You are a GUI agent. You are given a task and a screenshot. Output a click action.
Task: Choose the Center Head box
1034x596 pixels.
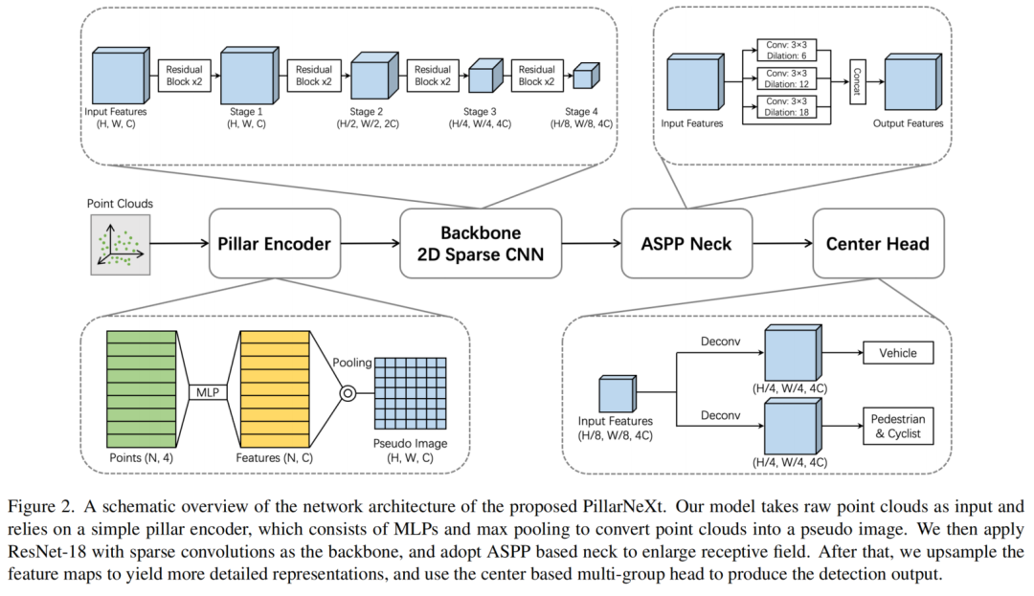pos(877,243)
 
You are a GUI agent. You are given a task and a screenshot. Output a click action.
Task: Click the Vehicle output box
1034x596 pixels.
pos(897,353)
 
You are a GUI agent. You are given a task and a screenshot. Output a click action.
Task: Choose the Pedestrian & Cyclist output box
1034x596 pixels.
pos(897,427)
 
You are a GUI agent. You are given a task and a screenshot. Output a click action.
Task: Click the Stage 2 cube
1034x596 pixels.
pos(371,75)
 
